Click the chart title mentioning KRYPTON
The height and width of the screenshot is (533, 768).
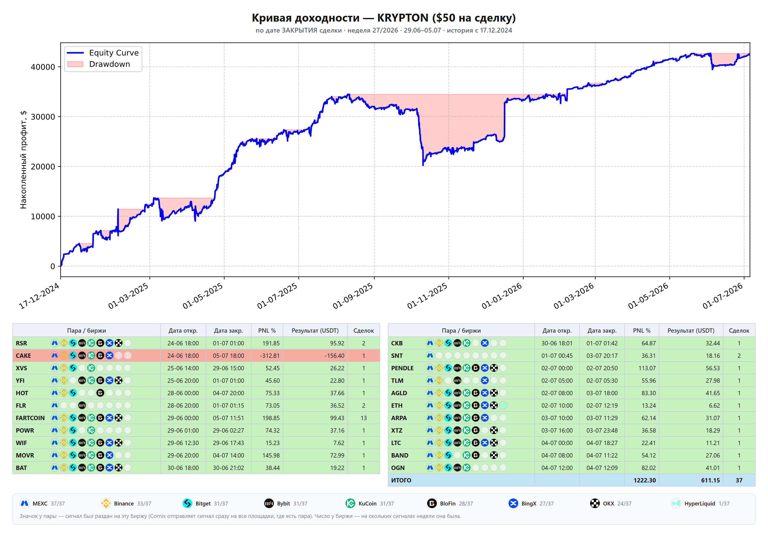(384, 18)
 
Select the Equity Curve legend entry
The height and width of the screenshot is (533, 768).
(103, 53)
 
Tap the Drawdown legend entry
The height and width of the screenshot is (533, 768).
(98, 64)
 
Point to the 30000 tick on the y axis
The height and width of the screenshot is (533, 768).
(43, 117)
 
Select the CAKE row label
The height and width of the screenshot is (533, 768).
(24, 356)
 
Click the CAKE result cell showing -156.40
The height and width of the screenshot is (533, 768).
(334, 356)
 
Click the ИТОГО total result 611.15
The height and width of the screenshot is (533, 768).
(710, 480)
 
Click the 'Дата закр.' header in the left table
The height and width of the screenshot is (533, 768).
(228, 331)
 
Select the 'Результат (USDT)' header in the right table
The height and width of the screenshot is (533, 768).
(691, 331)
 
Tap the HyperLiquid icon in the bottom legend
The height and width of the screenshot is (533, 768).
(676, 503)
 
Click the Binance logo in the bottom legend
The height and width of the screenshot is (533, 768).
(106, 503)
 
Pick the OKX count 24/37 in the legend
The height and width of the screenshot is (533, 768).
(624, 504)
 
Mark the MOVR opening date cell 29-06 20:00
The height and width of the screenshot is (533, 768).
(183, 455)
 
